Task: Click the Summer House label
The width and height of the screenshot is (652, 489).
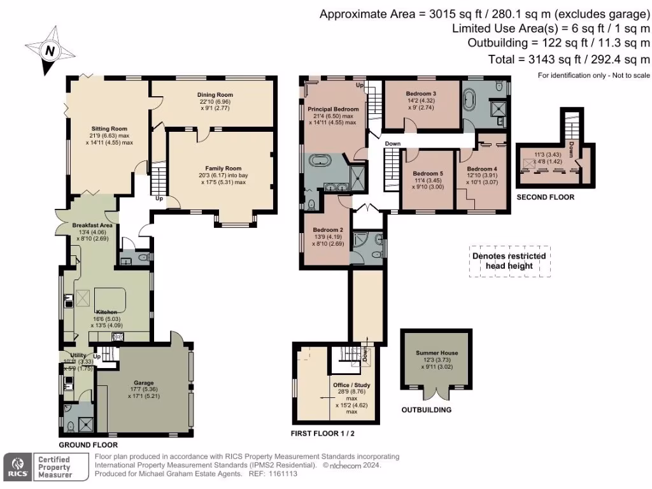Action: pyautogui.click(x=437, y=352)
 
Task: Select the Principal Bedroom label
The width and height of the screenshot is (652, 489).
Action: pyautogui.click(x=333, y=109)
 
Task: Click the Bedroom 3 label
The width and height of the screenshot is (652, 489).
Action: pyautogui.click(x=421, y=94)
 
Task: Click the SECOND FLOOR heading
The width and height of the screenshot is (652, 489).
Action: pyautogui.click(x=545, y=197)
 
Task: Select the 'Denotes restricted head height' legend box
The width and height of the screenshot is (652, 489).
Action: pyautogui.click(x=509, y=261)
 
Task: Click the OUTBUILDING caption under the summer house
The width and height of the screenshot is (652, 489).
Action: pyautogui.click(x=426, y=410)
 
